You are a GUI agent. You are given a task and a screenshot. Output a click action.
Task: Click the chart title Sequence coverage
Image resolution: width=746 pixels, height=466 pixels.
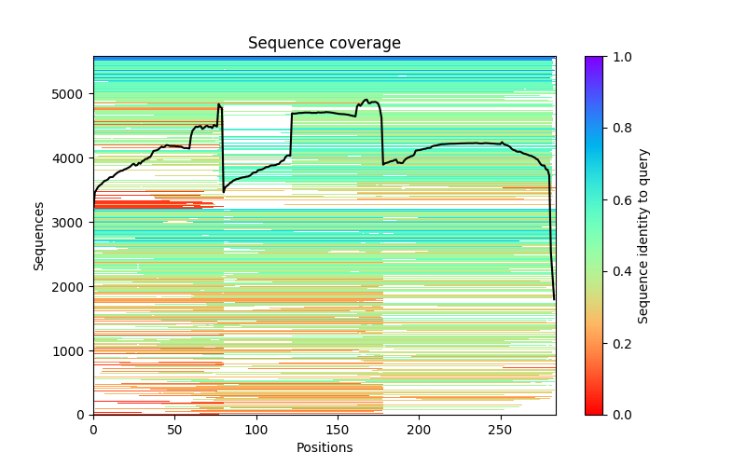[x=324, y=44]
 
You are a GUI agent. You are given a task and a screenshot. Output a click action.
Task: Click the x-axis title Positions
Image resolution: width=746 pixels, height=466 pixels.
[x=324, y=447]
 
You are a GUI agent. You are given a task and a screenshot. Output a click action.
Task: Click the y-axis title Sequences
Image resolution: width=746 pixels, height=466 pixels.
[x=39, y=236]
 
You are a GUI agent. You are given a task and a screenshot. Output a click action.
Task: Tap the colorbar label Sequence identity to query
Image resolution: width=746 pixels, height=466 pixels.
[x=643, y=236]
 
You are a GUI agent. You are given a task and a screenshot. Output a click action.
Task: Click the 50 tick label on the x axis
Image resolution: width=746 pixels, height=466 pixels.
[x=174, y=429]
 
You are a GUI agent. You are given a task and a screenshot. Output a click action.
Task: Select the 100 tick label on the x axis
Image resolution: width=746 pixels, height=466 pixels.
[x=256, y=429]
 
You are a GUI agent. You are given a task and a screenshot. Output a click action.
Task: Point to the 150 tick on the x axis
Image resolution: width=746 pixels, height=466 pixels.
[x=338, y=429]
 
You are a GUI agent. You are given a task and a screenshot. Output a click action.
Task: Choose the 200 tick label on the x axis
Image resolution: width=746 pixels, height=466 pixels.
[x=419, y=429]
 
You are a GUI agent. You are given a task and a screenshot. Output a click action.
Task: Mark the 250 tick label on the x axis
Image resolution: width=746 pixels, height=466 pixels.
[x=501, y=429]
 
